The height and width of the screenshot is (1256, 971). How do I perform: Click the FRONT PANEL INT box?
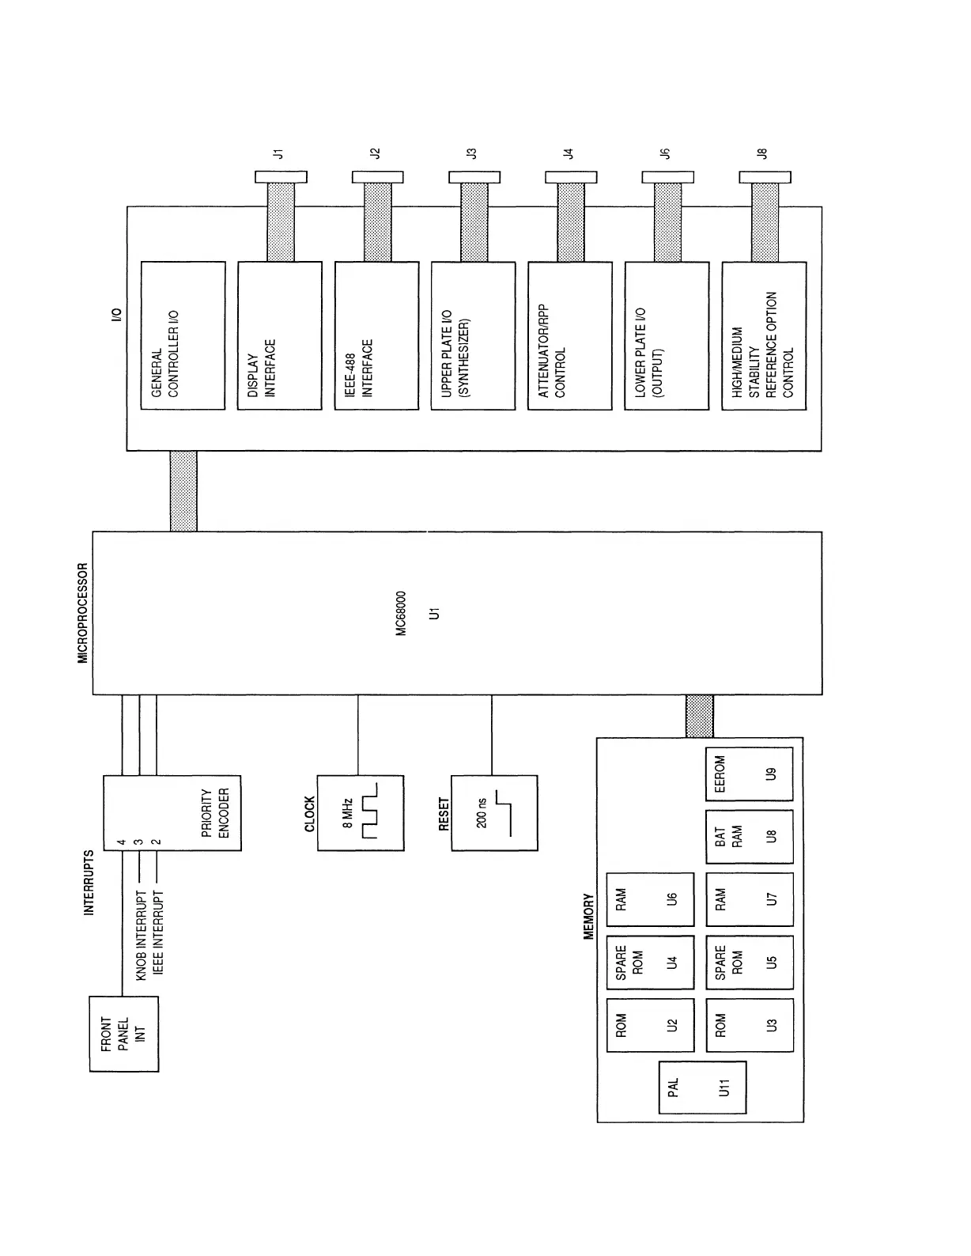[124, 1033]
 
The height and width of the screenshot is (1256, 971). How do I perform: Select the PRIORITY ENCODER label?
[215, 812]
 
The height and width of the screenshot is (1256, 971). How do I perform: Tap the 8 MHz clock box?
[361, 813]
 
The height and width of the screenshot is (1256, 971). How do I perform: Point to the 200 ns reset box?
[494, 813]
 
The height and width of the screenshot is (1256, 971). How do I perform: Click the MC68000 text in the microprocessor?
[401, 613]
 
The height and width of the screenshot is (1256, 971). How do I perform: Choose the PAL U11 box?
[702, 1088]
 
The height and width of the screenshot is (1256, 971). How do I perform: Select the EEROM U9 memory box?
[749, 774]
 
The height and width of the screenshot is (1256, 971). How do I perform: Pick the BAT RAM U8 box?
[749, 836]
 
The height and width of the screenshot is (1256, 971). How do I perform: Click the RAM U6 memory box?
[649, 899]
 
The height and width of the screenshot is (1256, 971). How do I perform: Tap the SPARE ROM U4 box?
[649, 963]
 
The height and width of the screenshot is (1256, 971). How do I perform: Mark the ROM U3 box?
[749, 1025]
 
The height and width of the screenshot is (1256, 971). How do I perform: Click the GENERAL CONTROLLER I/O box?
[183, 335]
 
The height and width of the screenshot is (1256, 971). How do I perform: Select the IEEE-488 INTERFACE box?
[376, 335]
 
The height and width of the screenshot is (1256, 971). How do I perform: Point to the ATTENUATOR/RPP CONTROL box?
[569, 335]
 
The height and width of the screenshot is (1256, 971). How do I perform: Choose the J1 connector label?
[278, 153]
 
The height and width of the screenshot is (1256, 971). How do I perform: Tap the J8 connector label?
[762, 153]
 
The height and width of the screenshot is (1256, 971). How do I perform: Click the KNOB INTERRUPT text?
[141, 936]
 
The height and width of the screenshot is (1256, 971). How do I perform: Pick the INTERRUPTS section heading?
[89, 883]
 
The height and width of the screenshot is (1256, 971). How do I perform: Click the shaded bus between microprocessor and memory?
[699, 716]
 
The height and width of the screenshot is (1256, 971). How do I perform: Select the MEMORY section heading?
[588, 916]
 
